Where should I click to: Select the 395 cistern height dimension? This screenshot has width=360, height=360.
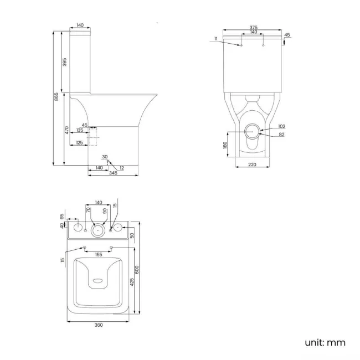tap(65, 61)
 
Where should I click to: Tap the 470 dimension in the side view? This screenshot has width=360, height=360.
tap(66, 130)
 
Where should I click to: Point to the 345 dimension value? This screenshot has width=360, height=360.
tap(113, 174)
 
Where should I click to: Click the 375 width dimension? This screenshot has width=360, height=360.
tap(253, 27)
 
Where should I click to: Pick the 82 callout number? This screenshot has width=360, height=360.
tap(281, 135)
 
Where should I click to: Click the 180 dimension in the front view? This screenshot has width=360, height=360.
tap(225, 145)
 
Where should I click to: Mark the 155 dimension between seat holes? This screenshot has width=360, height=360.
tap(97, 255)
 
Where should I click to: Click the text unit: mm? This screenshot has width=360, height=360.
tap(325, 342)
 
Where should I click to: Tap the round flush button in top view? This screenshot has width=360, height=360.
tap(98, 228)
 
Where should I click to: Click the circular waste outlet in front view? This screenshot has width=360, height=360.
tap(253, 132)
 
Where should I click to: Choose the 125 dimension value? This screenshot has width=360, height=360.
tap(79, 143)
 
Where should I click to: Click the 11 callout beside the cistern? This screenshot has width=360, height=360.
tap(215, 38)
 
